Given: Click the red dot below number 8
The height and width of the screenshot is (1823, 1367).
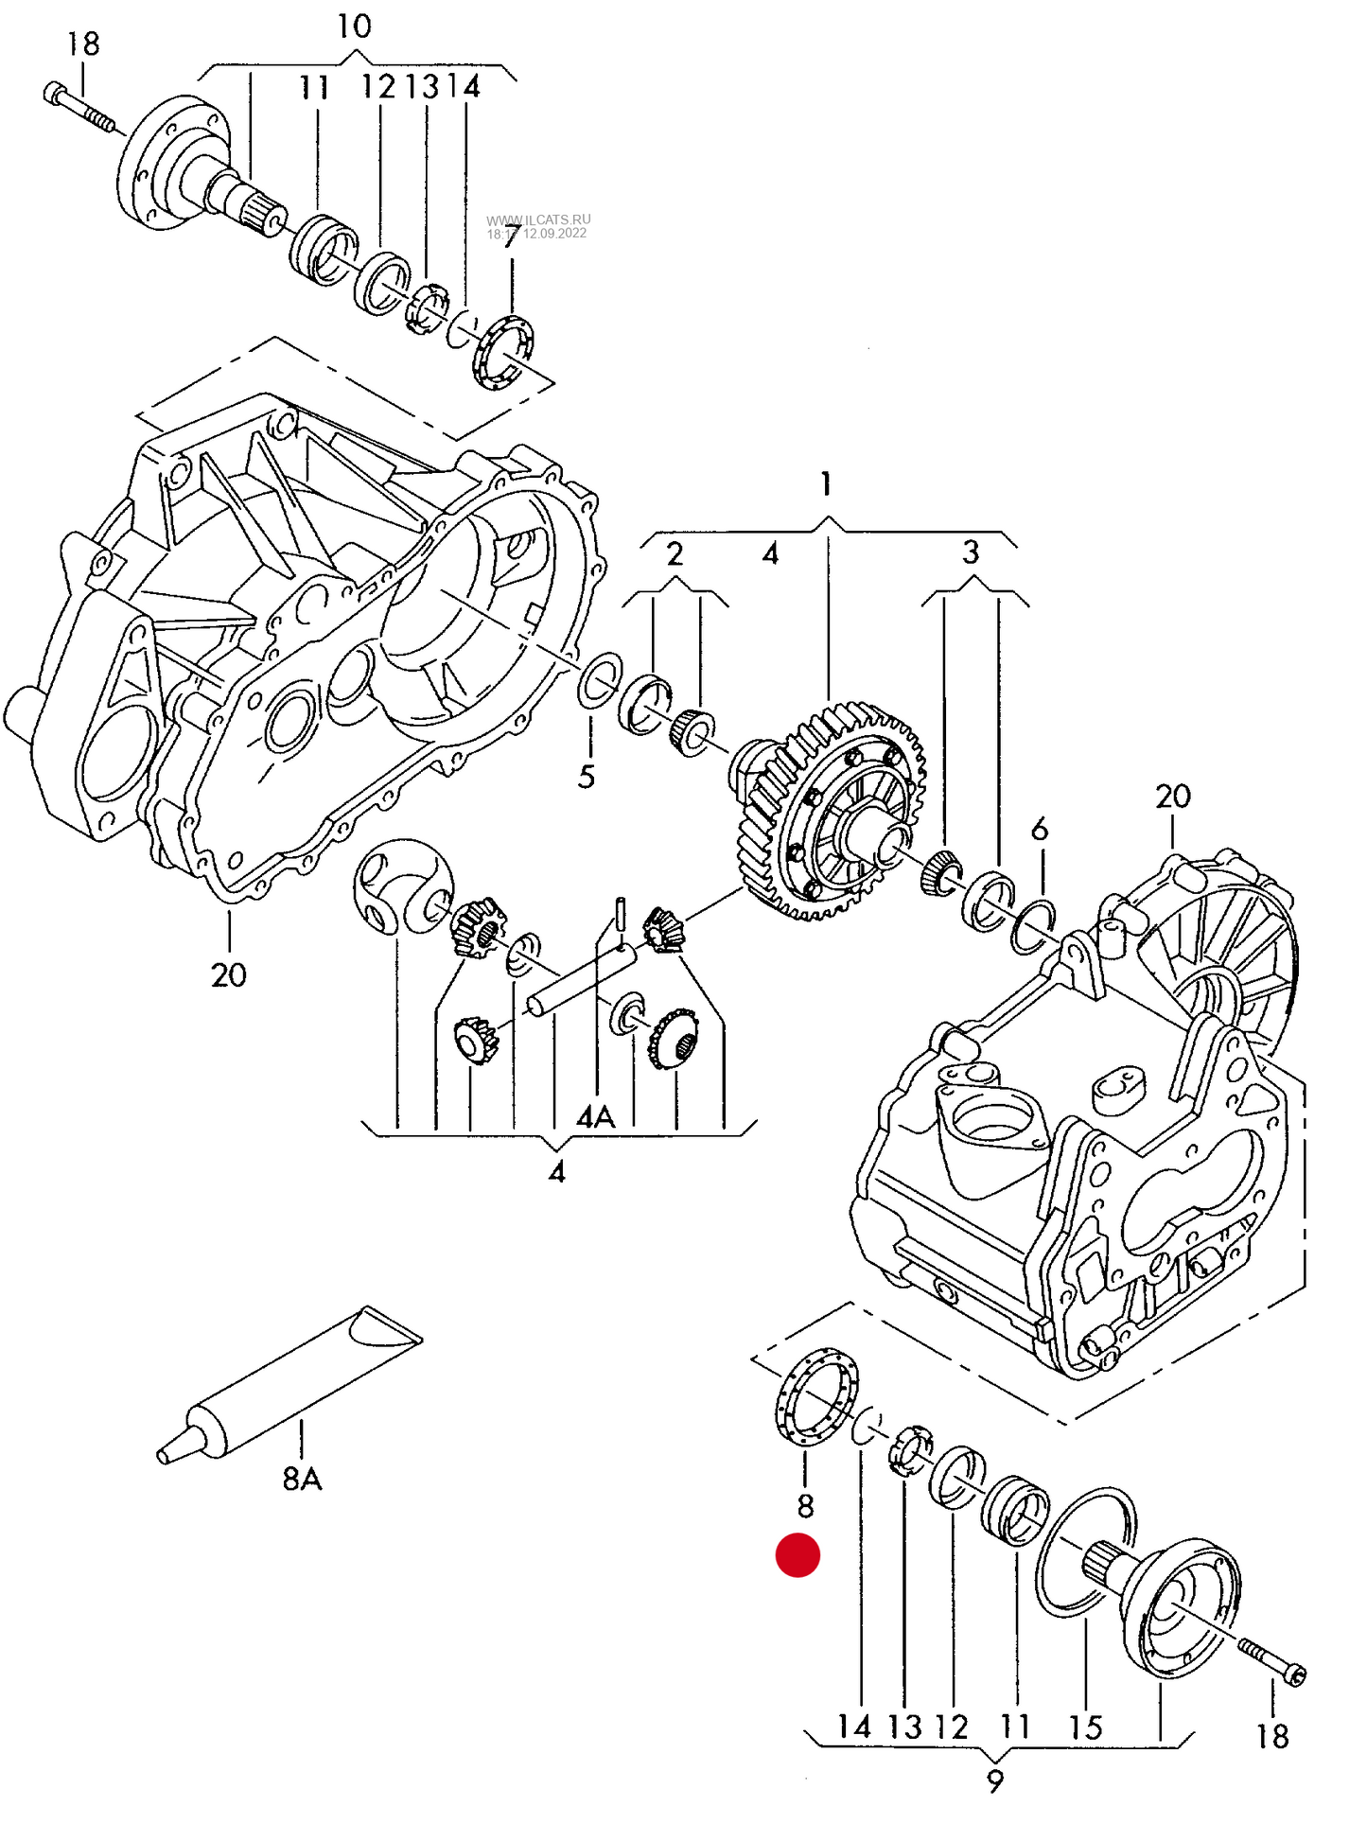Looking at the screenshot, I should click(797, 1554).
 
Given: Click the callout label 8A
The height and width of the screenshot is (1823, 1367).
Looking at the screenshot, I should click(302, 1478).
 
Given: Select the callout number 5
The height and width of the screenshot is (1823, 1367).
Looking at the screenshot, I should click(587, 777).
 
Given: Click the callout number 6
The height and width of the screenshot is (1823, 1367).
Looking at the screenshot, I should click(1039, 830).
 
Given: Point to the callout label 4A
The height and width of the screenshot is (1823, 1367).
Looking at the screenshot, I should click(596, 1117).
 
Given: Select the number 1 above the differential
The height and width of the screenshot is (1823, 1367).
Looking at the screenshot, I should click(826, 483).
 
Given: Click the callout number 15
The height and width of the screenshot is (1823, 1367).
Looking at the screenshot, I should click(1086, 1727).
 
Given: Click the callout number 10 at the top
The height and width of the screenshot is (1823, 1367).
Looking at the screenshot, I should click(354, 26).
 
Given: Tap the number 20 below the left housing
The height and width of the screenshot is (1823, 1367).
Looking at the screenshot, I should click(228, 974).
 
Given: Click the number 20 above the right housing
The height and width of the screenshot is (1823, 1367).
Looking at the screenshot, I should click(1172, 797).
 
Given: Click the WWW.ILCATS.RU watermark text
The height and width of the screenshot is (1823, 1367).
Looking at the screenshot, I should click(538, 219).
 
